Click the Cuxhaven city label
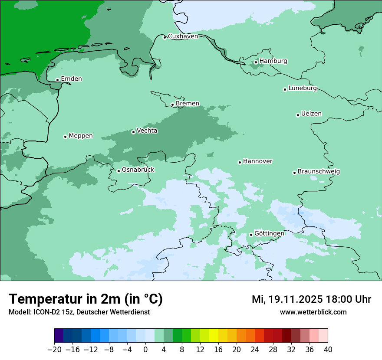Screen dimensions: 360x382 coord(183,36)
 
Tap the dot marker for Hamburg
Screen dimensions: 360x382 coord(256,62)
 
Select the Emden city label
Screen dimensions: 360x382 coord(71,79)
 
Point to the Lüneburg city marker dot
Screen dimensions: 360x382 coord(285,89)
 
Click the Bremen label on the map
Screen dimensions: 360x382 coord(187,103)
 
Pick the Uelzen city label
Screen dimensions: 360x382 coord(311,114)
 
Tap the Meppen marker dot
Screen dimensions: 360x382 coord(65,137)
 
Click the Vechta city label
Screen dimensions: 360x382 coord(147,131)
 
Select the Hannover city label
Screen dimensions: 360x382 coord(257,161)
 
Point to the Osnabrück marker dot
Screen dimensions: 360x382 coord(119,171)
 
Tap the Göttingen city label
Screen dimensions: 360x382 coord(269,233)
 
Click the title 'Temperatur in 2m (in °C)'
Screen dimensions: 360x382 coord(86,299)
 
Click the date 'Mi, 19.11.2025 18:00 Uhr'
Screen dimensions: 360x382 coord(311,299)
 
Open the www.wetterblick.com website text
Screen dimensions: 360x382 coord(313,312)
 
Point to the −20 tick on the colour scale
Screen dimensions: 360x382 coord(54,350)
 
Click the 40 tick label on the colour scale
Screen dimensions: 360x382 coord(328,350)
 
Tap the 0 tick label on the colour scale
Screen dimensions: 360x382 coord(145,350)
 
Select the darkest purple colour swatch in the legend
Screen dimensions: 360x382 coord(59,335)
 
